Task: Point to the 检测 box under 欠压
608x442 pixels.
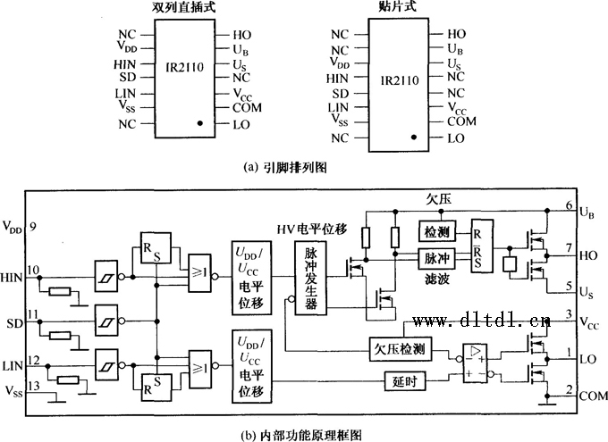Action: (436, 231)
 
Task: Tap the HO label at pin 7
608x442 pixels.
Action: (589, 255)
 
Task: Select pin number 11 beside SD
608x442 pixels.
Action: (33, 314)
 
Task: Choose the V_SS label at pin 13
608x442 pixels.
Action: (13, 390)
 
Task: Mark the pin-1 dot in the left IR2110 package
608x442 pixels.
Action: (202, 124)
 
